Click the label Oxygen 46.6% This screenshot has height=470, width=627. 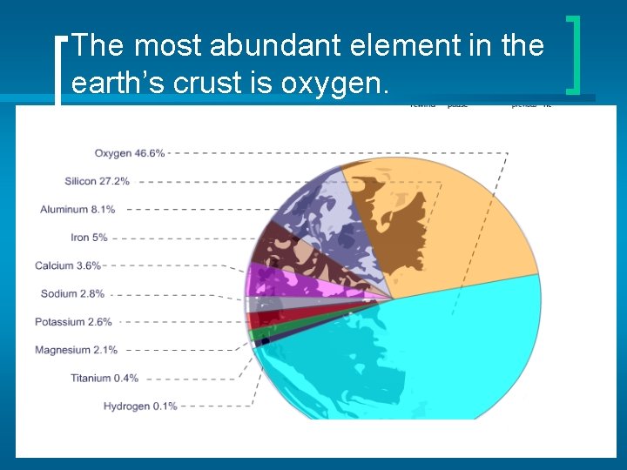(129, 153)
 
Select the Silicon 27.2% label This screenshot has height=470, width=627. (97, 181)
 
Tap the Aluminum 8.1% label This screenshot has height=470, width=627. (77, 209)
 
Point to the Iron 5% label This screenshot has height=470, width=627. (89, 237)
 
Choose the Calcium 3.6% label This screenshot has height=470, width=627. (68, 265)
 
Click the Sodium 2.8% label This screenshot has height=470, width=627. (72, 293)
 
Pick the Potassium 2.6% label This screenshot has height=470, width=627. (73, 321)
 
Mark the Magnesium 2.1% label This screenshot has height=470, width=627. (75, 350)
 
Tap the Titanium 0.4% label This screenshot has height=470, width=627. (104, 378)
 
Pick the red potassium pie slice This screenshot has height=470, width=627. (270, 317)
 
